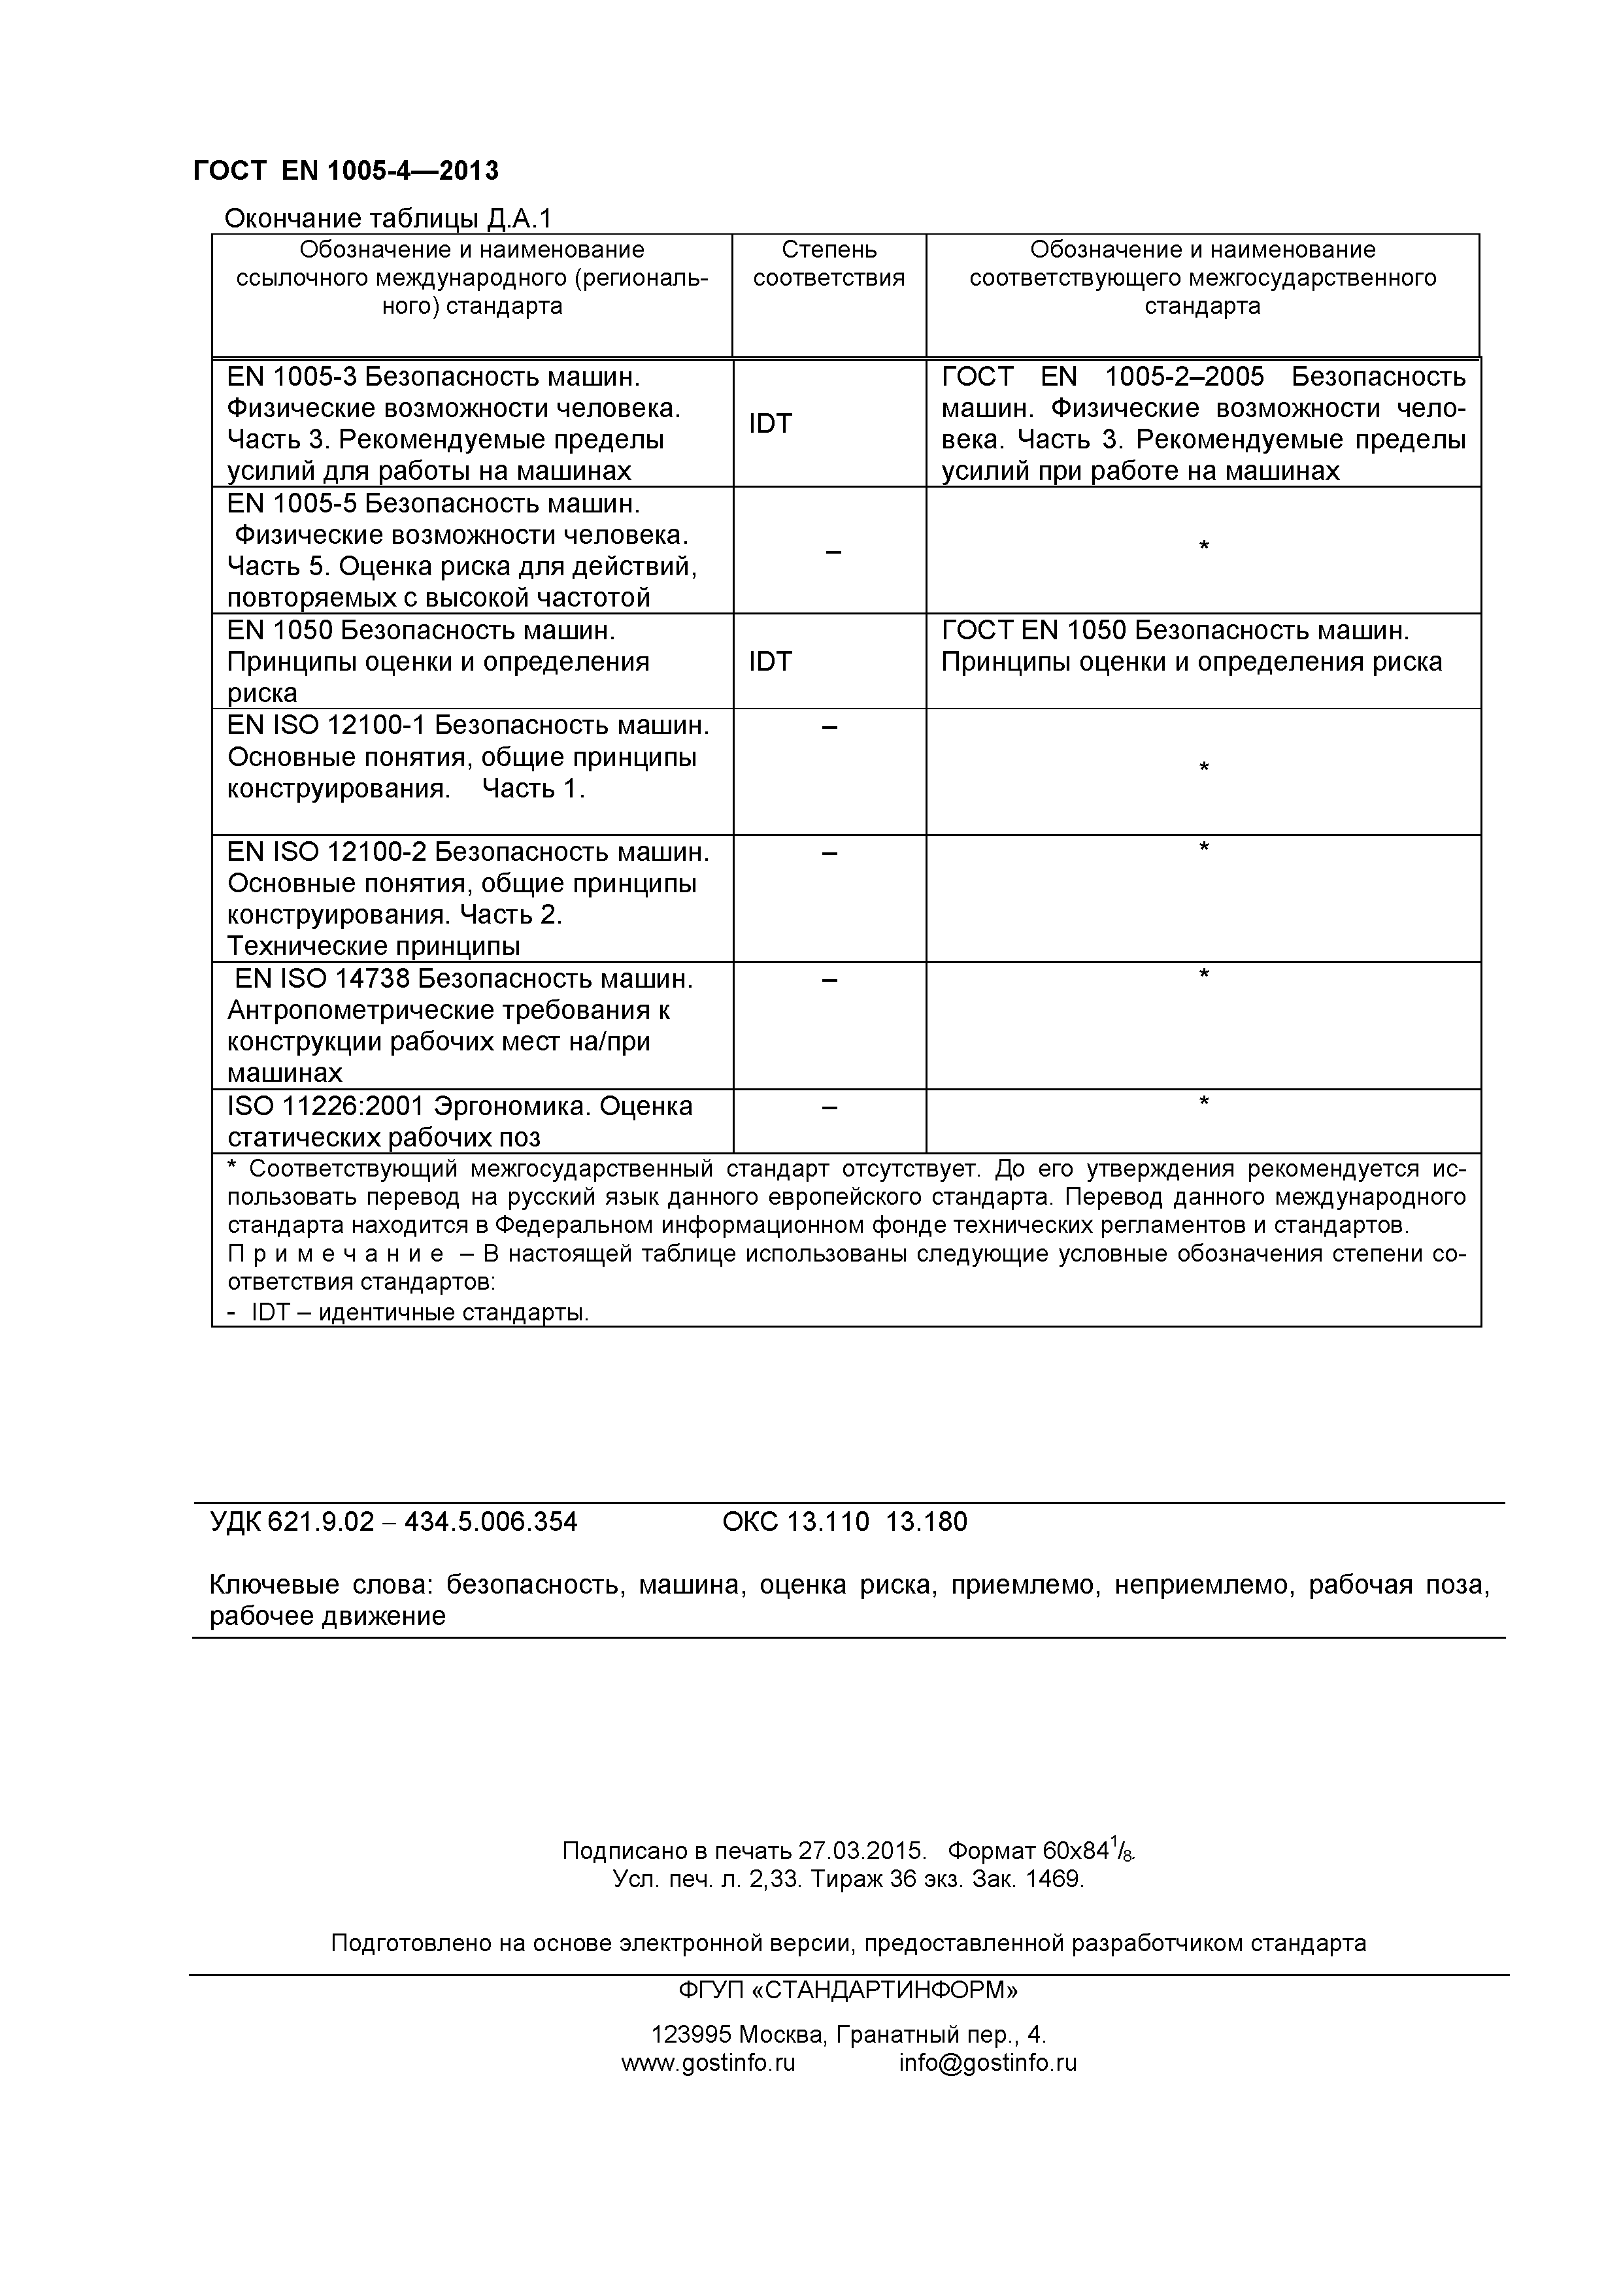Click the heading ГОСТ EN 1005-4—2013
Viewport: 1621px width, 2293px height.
346,171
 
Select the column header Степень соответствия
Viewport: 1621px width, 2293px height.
829,263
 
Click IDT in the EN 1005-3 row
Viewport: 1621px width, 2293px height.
770,424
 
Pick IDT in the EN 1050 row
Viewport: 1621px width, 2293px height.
770,661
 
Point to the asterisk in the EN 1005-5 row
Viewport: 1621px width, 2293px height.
1203,547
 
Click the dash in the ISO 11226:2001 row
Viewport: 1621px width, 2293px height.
829,1107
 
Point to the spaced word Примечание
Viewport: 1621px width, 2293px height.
335,1254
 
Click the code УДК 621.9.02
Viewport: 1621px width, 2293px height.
292,1522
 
